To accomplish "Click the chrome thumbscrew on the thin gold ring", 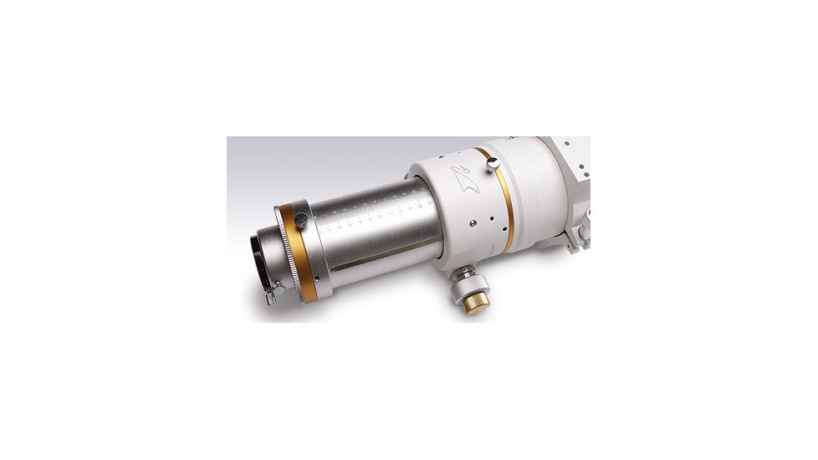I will point(493,162).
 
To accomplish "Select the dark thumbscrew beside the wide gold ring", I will point(300,219).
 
